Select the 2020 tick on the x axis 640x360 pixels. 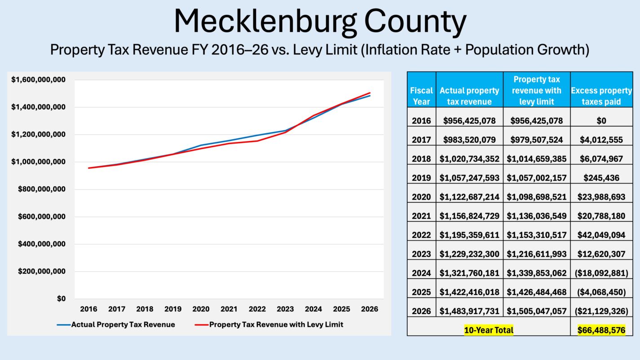coord(201,309)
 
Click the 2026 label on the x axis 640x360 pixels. coord(369,309)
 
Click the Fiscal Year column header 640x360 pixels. coord(421,96)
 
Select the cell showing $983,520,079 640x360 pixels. coord(469,140)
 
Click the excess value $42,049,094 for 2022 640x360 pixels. coord(601,235)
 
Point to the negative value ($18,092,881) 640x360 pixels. coord(601,273)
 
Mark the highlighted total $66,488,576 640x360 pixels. coord(601,330)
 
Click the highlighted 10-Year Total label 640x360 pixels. coord(489,330)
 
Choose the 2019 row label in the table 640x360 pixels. coord(421,178)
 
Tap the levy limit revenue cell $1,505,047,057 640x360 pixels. coord(537,311)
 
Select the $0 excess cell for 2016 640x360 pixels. coord(601,121)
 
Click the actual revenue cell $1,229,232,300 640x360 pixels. coord(469,254)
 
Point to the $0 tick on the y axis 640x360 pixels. coord(61,299)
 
